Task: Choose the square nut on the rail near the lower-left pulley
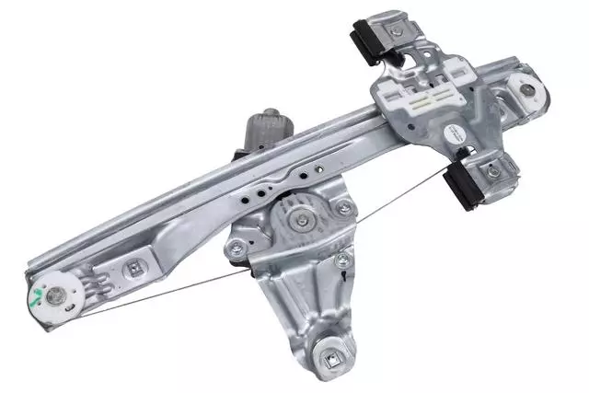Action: pos(135,270)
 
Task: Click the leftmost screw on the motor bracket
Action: pos(236,246)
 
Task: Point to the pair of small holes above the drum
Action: pos(264,191)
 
